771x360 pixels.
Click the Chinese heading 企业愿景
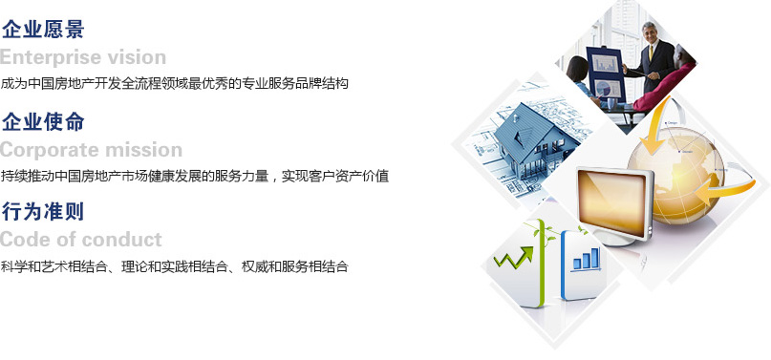click(43, 29)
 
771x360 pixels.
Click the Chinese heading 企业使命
click(43, 121)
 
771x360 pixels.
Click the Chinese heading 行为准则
click(43, 212)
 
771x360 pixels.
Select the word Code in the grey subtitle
click(24, 240)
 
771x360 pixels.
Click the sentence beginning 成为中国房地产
click(174, 83)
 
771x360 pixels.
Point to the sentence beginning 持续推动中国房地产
click(195, 176)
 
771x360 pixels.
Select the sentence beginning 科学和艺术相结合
click(174, 266)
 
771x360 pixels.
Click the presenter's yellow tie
click(651, 53)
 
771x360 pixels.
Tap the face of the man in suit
click(650, 32)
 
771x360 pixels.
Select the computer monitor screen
click(612, 202)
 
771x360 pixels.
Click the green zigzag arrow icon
click(514, 258)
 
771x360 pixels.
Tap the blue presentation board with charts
click(606, 74)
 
